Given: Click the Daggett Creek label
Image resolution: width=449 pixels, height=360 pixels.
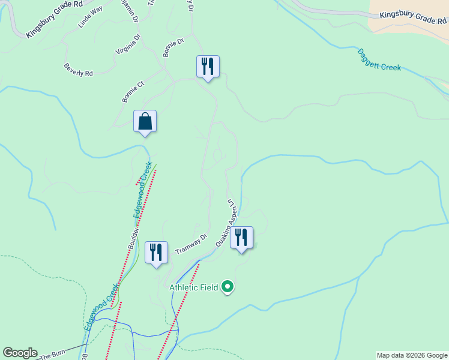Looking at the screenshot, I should (x=379, y=60).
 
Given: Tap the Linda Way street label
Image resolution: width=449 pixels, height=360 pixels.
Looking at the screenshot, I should (x=90, y=17).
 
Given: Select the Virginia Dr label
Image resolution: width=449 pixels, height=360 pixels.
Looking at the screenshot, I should (x=128, y=44).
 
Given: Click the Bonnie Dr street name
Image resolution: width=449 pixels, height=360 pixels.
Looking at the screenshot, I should (x=173, y=46).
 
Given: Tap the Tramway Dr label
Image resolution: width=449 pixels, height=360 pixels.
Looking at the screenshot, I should (x=191, y=244).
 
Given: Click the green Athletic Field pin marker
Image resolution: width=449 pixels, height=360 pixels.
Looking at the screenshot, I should (x=227, y=287).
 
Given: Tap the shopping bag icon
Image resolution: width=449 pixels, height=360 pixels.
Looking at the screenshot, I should (x=145, y=122).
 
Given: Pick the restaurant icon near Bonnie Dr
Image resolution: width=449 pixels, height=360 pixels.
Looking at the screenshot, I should (x=208, y=67).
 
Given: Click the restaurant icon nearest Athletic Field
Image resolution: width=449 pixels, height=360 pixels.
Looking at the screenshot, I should (x=241, y=238).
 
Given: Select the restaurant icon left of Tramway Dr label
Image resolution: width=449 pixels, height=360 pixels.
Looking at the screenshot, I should (x=156, y=253).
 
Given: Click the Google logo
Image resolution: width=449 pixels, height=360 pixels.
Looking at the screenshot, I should (x=20, y=353).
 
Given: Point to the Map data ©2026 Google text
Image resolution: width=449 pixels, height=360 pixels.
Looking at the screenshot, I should (x=412, y=355).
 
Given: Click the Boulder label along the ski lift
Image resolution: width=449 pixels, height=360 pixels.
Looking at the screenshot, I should (x=134, y=238).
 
